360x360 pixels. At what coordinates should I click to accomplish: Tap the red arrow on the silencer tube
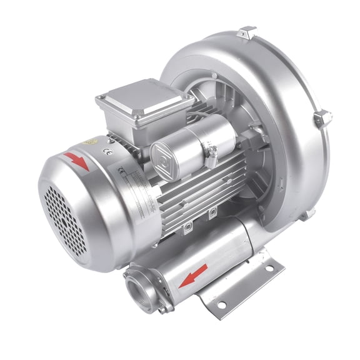coord(193,274)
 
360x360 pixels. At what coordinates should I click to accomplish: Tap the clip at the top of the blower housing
coord(247,31)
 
